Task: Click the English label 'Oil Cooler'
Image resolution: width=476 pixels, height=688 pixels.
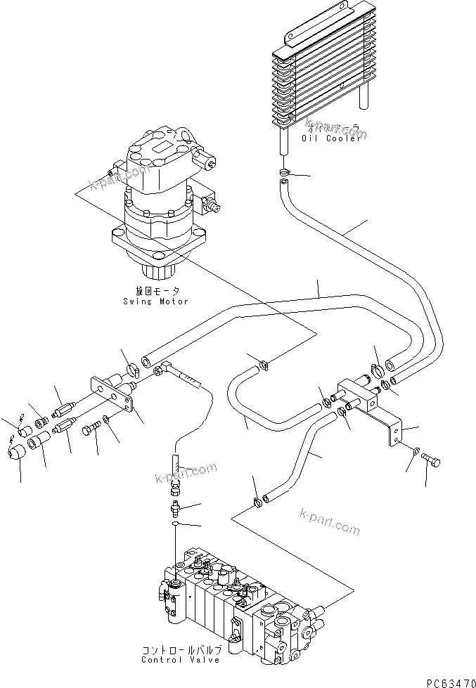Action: (x=331, y=138)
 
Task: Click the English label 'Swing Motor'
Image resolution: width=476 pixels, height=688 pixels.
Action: (x=154, y=301)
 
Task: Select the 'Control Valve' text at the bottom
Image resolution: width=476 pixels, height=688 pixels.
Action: (x=180, y=659)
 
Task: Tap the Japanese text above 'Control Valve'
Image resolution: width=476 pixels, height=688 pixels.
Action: (x=180, y=650)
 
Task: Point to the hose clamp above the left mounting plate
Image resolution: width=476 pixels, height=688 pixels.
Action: (x=131, y=366)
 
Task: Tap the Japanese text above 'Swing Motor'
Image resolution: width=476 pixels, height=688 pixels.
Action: (x=153, y=291)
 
